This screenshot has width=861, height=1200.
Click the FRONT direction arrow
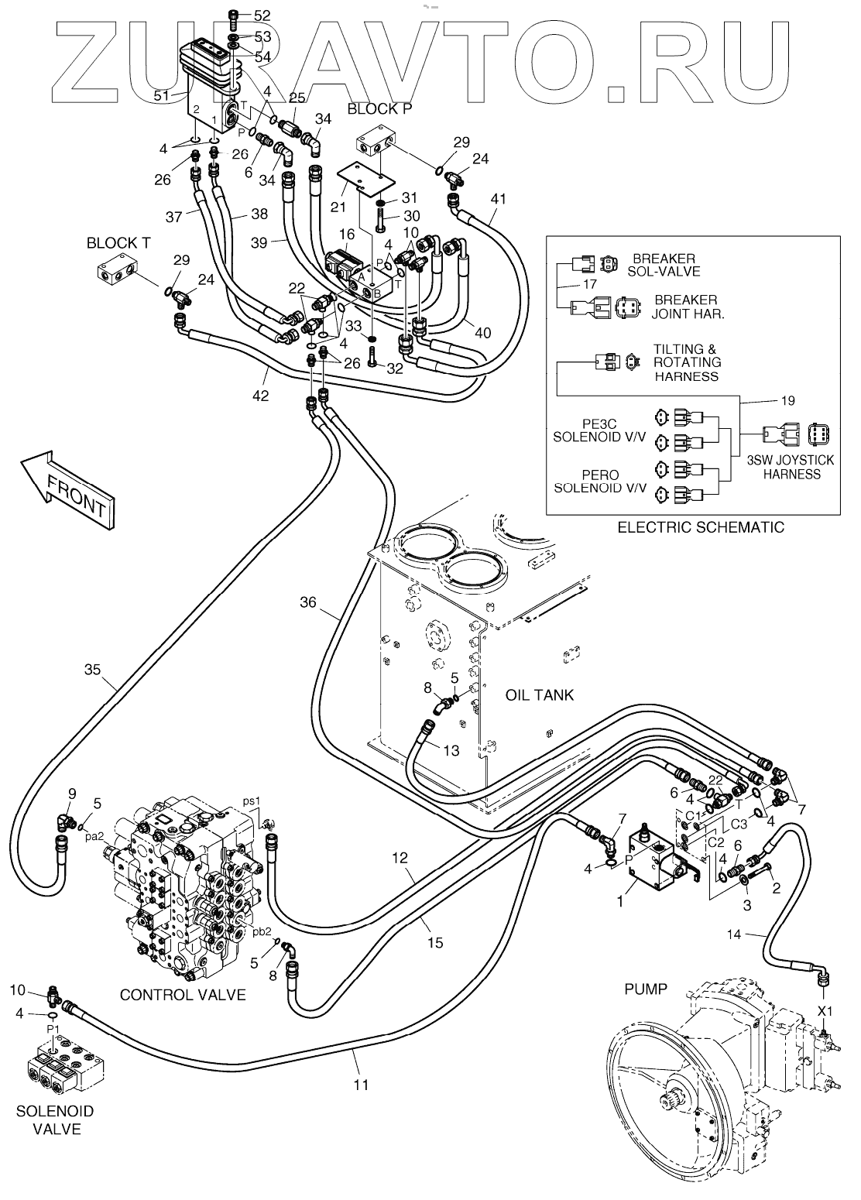tap(67, 491)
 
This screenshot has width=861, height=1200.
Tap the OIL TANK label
tap(540, 694)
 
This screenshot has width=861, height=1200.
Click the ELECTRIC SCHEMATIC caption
tap(700, 527)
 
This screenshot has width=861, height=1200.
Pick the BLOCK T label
tap(118, 243)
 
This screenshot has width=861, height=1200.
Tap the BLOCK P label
tap(380, 108)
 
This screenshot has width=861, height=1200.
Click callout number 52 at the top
tap(262, 16)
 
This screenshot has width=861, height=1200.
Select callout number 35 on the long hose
tap(93, 670)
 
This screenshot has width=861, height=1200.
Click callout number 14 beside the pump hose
tap(733, 934)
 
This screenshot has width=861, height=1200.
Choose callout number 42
tap(260, 396)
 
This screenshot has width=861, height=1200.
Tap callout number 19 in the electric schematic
tap(788, 401)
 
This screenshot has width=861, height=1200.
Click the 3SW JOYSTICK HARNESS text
tap(791, 467)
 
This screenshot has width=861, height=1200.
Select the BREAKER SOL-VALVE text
tap(664, 265)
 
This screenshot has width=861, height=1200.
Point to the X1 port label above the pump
tap(825, 1011)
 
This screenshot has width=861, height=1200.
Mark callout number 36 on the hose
tap(308, 602)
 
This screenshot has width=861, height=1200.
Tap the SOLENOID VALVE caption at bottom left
tap(55, 1128)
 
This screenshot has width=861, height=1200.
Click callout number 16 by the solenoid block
tap(347, 234)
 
